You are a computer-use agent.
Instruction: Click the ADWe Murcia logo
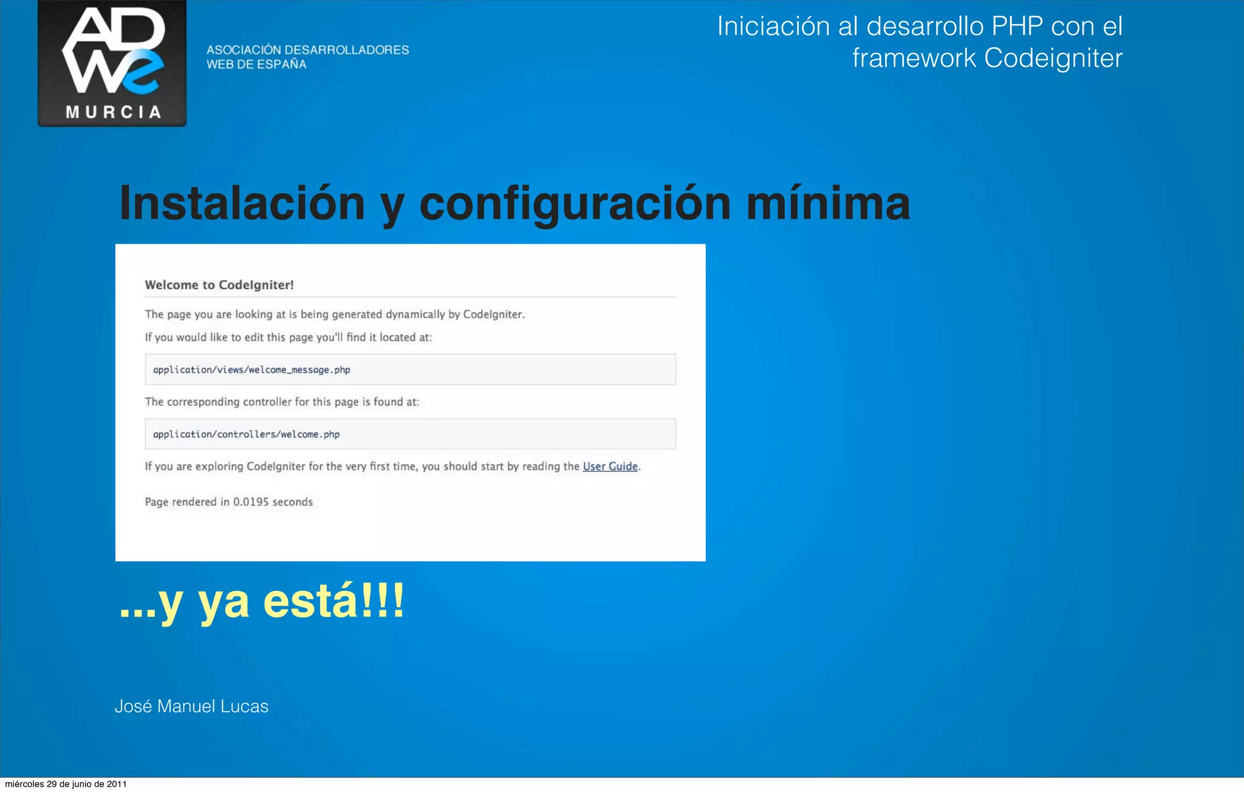112,63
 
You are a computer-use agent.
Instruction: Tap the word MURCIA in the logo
114,112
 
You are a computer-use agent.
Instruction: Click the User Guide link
610,466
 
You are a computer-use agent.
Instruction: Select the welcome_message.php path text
251,370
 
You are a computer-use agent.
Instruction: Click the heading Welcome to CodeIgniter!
219,285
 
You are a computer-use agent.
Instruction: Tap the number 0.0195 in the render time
251,502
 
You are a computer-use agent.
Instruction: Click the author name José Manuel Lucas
191,706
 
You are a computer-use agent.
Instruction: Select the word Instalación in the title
242,203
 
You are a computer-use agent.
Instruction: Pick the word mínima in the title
828,203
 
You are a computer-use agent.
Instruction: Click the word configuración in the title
575,203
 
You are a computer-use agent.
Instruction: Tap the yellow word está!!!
333,601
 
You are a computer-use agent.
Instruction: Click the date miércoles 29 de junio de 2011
66,784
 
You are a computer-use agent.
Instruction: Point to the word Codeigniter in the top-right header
1053,58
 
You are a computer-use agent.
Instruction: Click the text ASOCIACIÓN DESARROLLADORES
307,50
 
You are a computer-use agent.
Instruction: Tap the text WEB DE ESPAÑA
256,64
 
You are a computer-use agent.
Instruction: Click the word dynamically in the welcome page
415,315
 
